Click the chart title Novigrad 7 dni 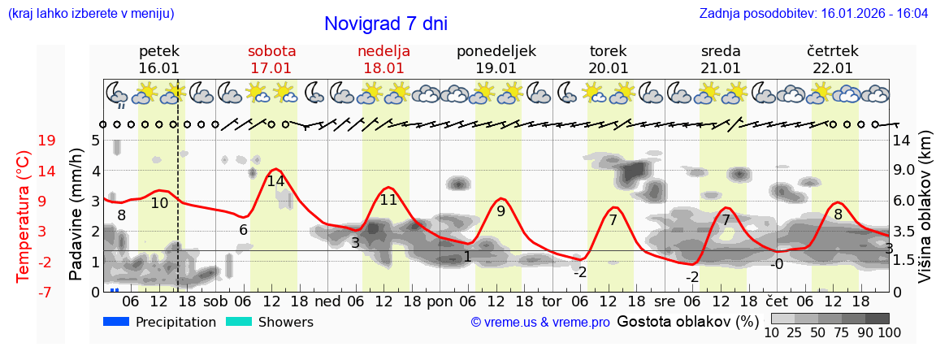click(x=385, y=24)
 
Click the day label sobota click(x=271, y=51)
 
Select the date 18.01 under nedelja click(x=383, y=68)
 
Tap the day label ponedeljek click(x=496, y=51)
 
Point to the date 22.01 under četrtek click(x=833, y=68)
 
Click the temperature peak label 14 click(x=275, y=181)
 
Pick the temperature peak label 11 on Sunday click(x=388, y=199)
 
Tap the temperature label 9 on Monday click(x=500, y=211)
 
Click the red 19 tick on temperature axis click(x=46, y=141)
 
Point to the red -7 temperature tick click(x=46, y=292)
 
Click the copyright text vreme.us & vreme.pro click(x=540, y=323)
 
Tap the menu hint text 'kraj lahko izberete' click(x=90, y=14)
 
